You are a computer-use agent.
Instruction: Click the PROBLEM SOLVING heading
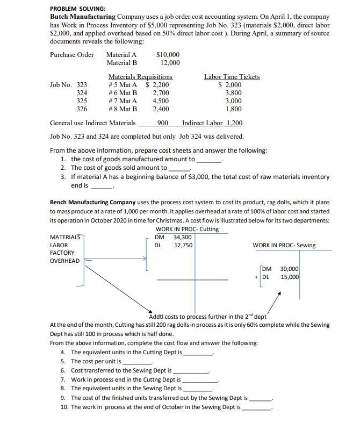point(78,9)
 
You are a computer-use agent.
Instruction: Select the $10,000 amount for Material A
point(168,54)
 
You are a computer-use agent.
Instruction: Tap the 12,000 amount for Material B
point(170,63)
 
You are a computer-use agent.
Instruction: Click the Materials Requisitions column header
point(140,77)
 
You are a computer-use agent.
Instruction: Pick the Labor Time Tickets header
point(232,77)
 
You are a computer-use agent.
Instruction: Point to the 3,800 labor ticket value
point(233,92)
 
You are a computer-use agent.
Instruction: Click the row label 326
point(82,109)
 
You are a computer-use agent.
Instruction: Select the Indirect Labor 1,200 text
point(212,123)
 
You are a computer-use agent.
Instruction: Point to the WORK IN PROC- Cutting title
point(186,229)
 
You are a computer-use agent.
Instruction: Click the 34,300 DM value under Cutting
point(183,237)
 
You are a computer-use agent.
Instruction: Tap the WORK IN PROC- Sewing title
point(284,246)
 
